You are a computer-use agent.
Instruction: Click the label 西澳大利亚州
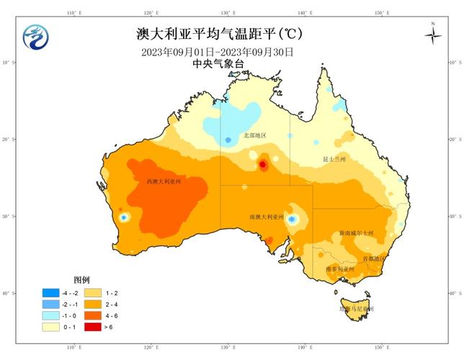[164, 181]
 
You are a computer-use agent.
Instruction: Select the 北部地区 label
[254, 135]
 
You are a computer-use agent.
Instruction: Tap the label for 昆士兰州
[334, 158]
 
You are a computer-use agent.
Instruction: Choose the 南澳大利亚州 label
[267, 216]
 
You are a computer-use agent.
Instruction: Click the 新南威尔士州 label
[357, 233]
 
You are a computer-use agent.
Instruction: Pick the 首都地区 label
[375, 258]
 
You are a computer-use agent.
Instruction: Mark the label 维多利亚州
[339, 269]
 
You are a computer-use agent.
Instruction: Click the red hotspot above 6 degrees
[262, 164]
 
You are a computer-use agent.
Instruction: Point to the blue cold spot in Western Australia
[123, 217]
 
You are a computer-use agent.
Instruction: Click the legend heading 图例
[81, 279]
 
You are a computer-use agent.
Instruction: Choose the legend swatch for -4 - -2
[50, 293]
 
